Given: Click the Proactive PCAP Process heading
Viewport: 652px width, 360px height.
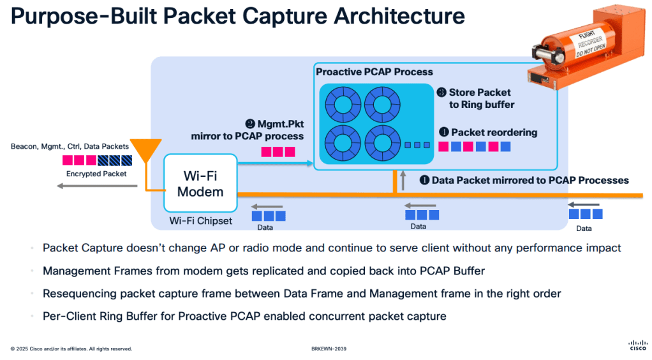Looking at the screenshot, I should (374, 72).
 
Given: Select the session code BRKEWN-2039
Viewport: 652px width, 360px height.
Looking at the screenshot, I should (328, 349).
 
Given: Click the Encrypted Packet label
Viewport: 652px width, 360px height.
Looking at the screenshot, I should (96, 174).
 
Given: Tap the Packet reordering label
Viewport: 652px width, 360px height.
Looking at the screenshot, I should (494, 133).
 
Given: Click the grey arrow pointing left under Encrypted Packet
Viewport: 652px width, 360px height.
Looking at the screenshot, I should (96, 186).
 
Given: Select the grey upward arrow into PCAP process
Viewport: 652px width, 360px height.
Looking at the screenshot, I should (403, 180).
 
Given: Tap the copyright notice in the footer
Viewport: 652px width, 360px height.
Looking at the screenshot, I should (71, 349).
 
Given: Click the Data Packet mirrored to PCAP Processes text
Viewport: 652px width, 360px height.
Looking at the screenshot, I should (530, 181).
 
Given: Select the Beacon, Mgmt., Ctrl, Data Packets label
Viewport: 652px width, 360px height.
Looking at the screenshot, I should (70, 146).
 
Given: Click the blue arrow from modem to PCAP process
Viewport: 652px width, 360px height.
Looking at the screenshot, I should (275, 164).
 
